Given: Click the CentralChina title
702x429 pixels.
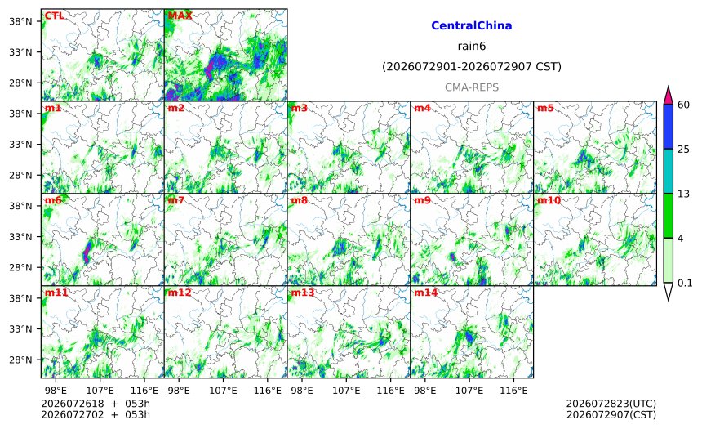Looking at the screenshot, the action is point(472,25).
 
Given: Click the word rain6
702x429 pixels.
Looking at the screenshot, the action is point(472,47).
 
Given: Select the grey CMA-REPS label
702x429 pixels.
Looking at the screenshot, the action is point(472,87).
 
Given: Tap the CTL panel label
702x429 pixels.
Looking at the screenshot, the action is point(54,16).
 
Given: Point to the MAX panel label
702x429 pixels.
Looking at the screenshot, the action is point(180,16).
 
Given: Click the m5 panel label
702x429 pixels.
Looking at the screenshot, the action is point(545,108).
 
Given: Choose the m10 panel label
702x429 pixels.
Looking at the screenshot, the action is point(549,200).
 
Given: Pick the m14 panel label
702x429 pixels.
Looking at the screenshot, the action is point(425,293).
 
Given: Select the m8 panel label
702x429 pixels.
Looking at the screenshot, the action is point(299,200).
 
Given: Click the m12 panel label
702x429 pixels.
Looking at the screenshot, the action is point(179,293).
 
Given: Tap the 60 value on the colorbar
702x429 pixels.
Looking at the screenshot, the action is point(683,105).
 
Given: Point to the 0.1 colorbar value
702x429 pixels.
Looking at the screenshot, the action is point(685,283).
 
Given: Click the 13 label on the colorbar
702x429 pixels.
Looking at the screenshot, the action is point(683,194).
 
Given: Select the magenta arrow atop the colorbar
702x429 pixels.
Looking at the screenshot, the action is point(668,96).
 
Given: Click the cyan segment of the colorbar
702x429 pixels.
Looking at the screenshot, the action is point(668,172).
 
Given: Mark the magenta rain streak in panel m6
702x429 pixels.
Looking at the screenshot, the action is point(87,252).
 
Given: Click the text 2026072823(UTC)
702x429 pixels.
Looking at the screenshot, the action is point(611,404).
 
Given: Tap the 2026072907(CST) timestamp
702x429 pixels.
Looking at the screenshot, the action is point(611,414).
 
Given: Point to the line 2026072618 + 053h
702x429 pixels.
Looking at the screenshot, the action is point(96,404).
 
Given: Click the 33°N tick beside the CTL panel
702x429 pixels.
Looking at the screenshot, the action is point(20,52).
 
